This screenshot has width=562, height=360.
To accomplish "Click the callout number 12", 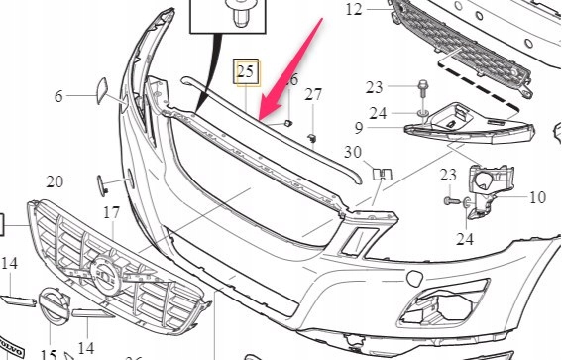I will (x=355, y=10).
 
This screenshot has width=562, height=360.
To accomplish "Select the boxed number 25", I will (x=244, y=70).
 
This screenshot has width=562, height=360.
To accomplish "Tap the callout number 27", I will (x=313, y=95).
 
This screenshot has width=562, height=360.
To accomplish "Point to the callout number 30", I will (x=353, y=152).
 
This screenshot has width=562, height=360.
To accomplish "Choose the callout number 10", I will (x=537, y=197).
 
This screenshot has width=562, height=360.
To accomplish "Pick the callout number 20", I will (x=55, y=181).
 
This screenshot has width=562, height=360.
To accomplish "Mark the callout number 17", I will (x=111, y=212).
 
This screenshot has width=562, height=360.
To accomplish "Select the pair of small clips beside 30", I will (x=382, y=175).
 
